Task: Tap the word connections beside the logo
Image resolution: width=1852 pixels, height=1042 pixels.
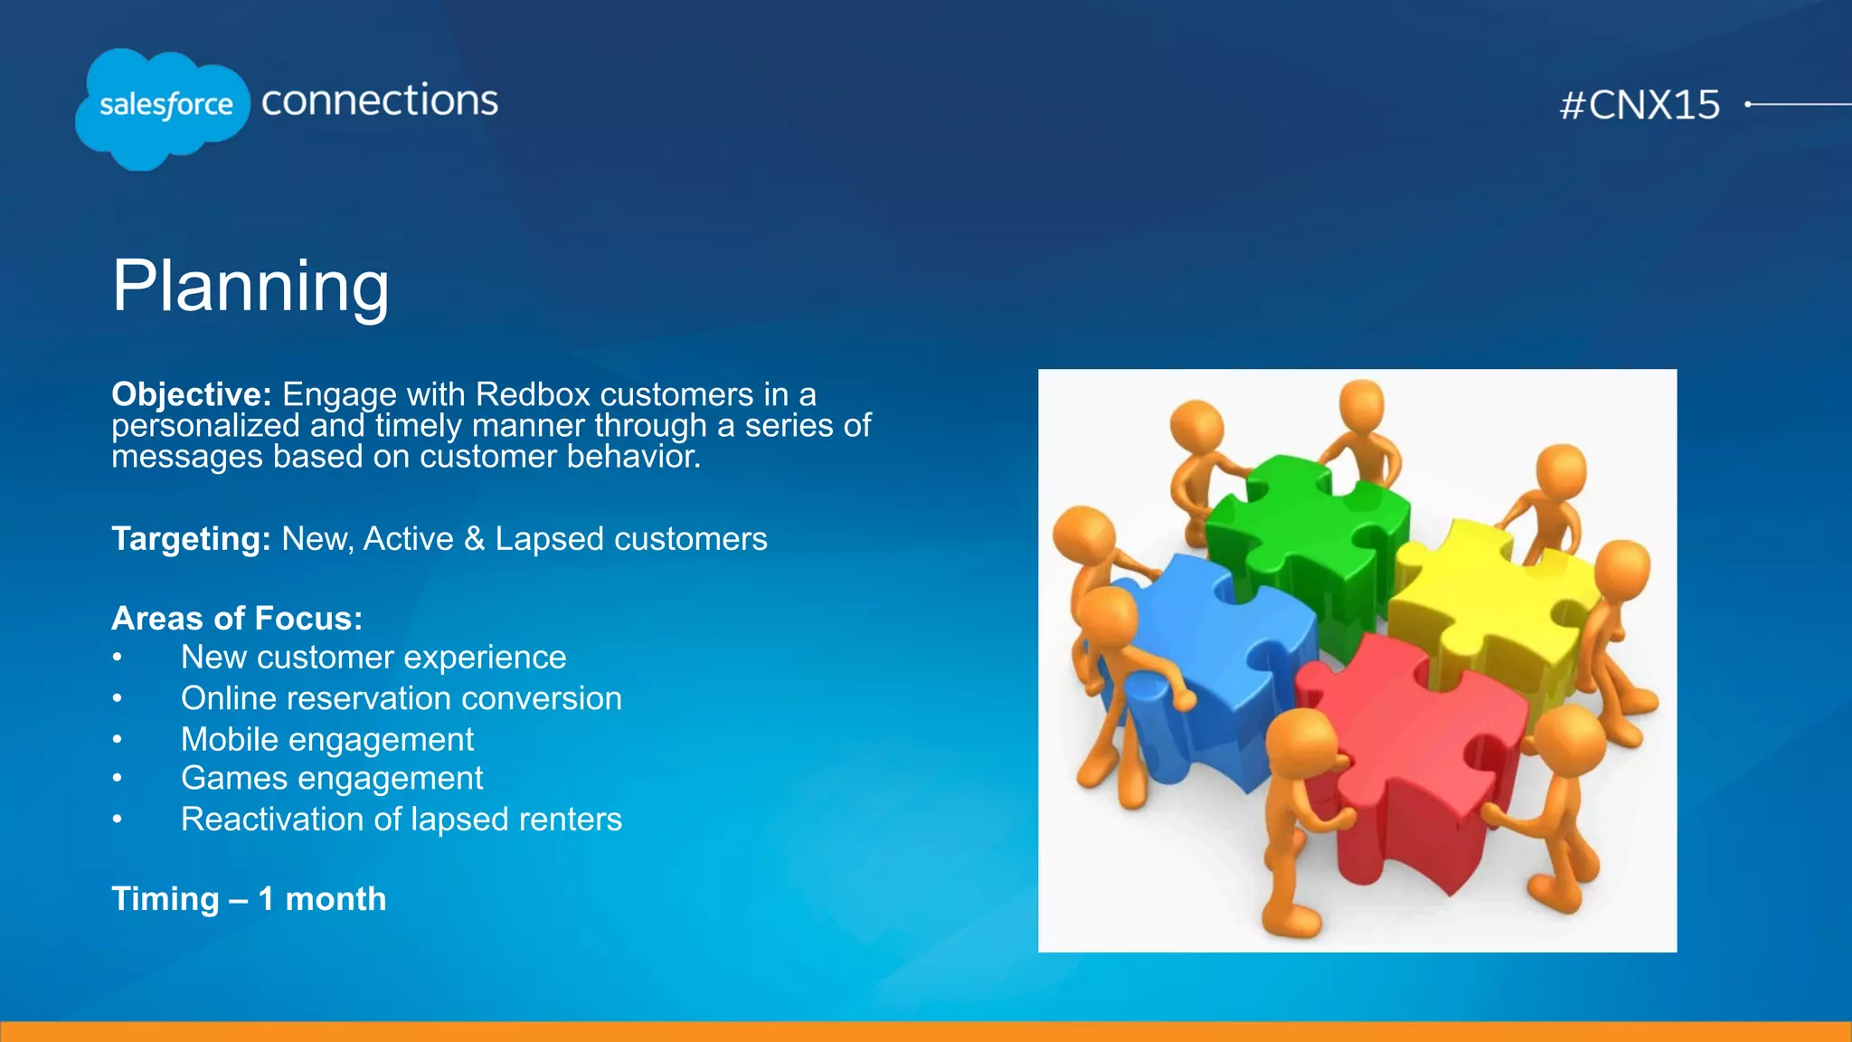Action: tap(380, 100)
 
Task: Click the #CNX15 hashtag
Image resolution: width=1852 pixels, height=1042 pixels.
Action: tap(1639, 105)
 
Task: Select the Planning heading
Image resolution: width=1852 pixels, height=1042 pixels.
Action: tap(250, 286)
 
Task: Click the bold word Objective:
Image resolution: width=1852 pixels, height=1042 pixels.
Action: tap(191, 394)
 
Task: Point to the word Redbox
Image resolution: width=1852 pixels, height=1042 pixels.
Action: tap(533, 394)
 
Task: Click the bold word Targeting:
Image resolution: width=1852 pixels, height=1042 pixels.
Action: tap(191, 539)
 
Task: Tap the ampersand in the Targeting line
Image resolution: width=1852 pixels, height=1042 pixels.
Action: tap(474, 539)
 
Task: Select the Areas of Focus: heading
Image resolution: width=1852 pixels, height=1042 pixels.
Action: tap(237, 619)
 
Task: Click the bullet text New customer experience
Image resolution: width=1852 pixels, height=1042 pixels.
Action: tap(373, 658)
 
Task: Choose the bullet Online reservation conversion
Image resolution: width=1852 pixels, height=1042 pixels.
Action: tap(401, 698)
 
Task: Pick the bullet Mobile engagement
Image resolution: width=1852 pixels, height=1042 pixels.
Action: tap(326, 740)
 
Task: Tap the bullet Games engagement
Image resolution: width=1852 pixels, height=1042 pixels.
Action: tap(332, 779)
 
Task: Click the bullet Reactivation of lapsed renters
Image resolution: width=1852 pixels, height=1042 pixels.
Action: tap(401, 819)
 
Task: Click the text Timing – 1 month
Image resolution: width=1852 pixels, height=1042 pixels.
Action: tap(249, 899)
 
